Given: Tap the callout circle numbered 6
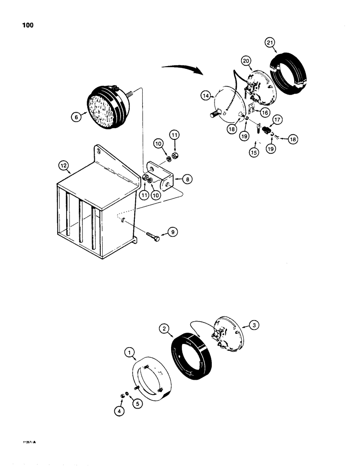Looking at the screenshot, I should point(76,118).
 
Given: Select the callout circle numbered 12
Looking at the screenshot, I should point(62,164).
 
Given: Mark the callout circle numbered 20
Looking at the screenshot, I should point(246,61).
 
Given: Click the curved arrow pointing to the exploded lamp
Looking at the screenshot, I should point(182,69).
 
